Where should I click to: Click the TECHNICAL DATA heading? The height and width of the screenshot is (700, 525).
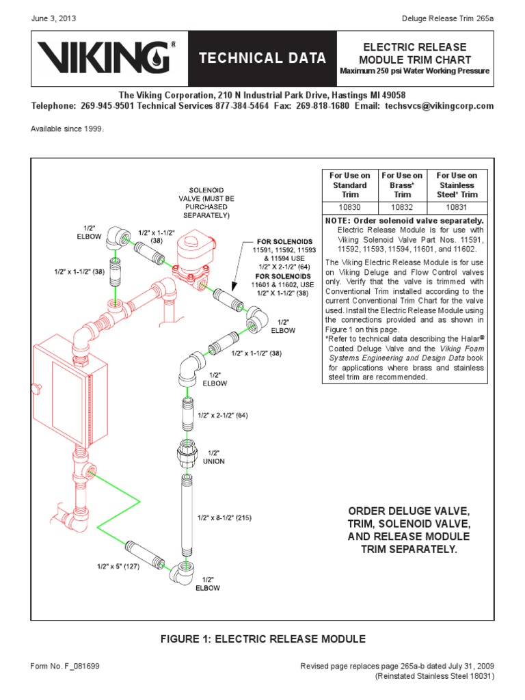[262, 59]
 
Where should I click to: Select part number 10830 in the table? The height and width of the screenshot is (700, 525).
[350, 206]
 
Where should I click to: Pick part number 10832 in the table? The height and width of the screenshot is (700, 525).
[402, 206]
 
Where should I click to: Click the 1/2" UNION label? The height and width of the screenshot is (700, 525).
[215, 457]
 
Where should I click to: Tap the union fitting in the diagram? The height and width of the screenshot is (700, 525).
[187, 452]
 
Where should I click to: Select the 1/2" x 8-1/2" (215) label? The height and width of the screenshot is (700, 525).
[224, 517]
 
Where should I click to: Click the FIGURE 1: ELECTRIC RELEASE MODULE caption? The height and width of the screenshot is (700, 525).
[262, 638]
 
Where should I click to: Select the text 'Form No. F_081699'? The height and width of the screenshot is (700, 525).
[64, 665]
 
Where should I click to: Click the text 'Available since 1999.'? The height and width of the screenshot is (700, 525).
[67, 129]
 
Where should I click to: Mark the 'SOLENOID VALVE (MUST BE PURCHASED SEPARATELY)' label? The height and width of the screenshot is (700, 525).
[206, 202]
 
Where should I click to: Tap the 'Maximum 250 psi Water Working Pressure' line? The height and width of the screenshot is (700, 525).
[414, 72]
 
